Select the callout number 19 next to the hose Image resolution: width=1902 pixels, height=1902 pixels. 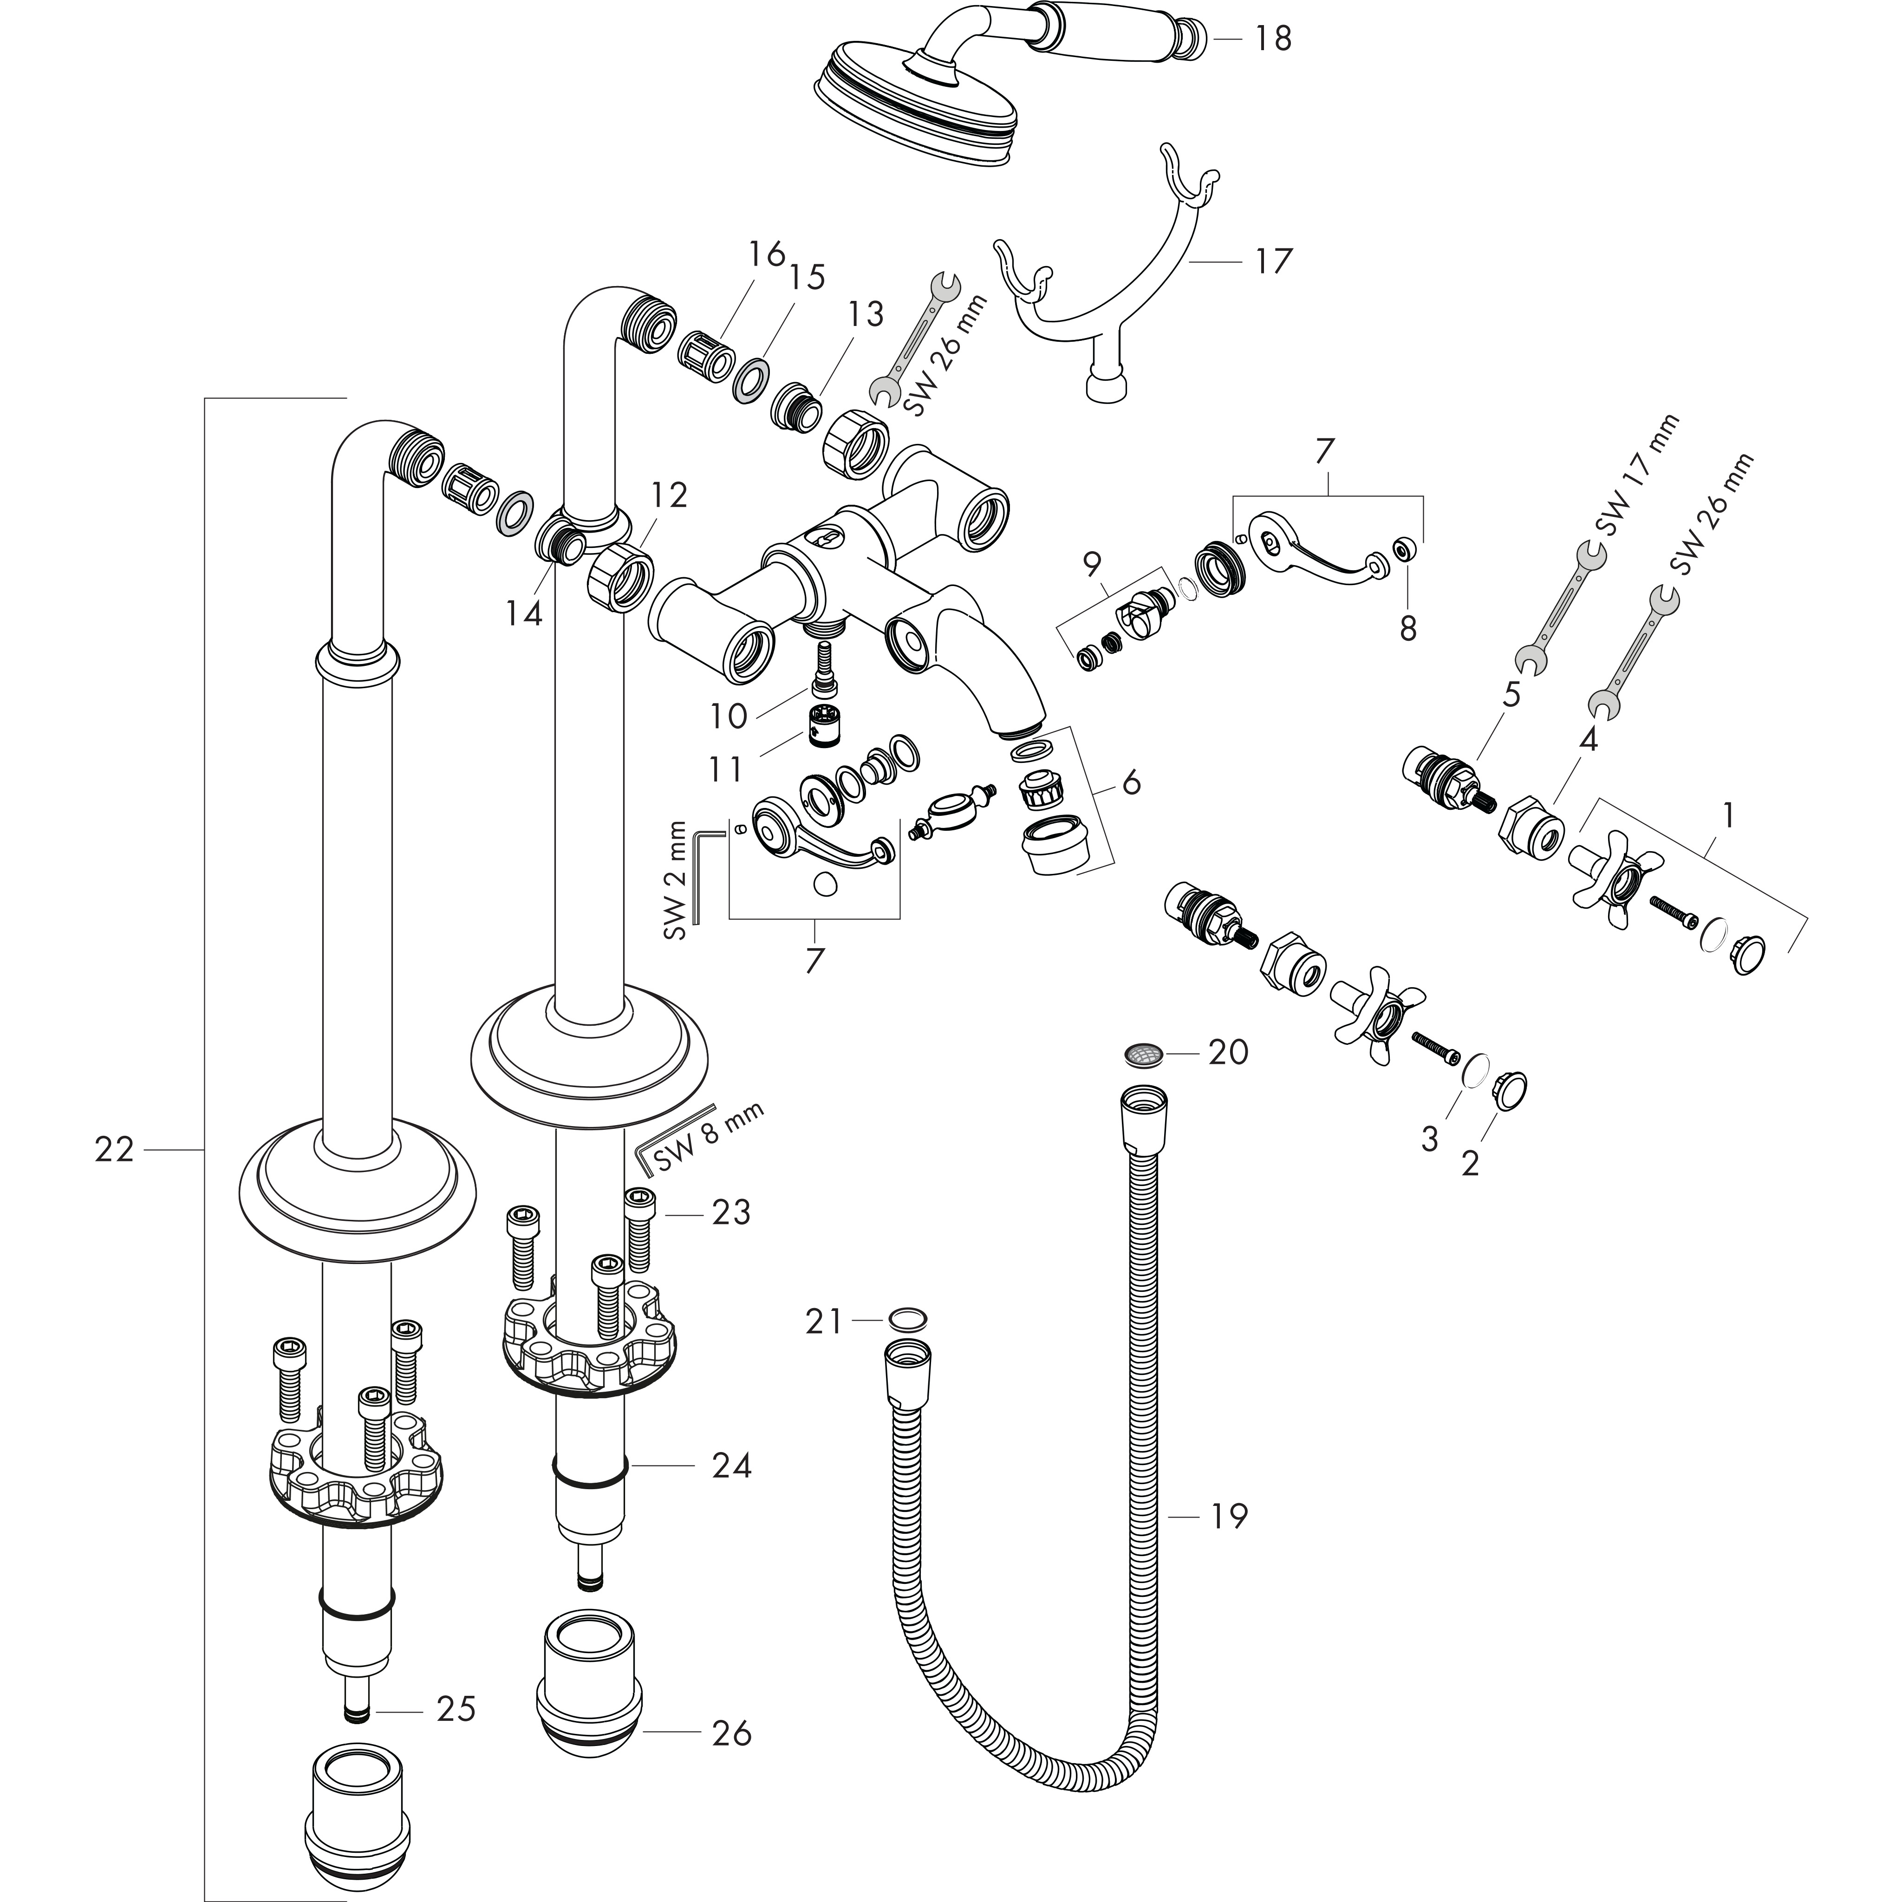point(1228,1516)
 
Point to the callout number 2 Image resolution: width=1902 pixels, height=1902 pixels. point(1470,1164)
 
